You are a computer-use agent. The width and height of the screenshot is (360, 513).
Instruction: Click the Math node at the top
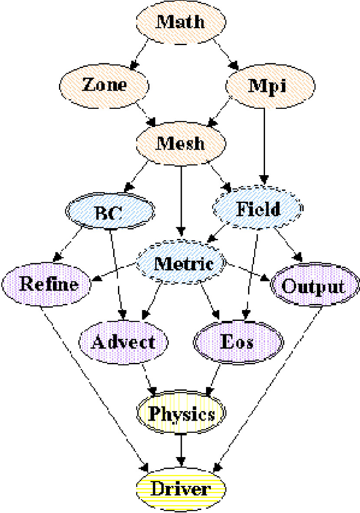tap(180, 22)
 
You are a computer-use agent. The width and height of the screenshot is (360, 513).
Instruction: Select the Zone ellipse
tap(104, 85)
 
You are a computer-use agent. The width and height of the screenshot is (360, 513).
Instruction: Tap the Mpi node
tap(267, 86)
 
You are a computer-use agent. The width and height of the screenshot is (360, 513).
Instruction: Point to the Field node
tap(258, 209)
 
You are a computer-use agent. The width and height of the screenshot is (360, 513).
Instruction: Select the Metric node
tap(181, 263)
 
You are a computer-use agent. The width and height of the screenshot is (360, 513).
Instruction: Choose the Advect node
tap(123, 342)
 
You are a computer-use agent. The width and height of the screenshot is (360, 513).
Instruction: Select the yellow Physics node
tap(181, 414)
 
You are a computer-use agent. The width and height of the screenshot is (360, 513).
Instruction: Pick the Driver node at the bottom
tap(180, 489)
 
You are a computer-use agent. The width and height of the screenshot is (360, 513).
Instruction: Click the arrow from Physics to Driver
tap(181, 449)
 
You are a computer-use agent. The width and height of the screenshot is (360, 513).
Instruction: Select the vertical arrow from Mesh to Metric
tap(181, 199)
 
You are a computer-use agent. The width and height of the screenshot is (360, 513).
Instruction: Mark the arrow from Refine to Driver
tap(93, 386)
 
